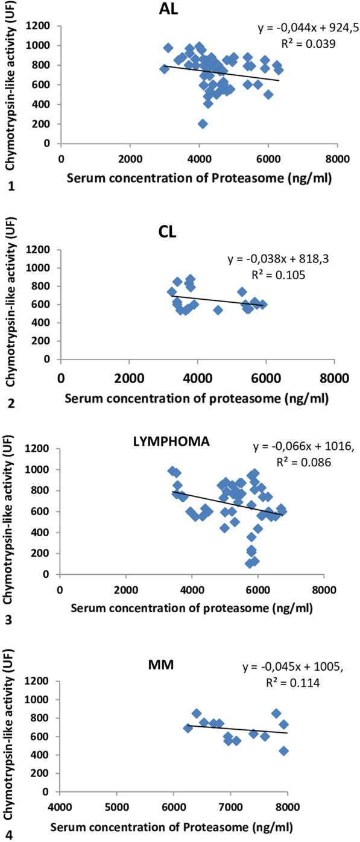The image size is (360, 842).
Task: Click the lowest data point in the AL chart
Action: pyautogui.click(x=203, y=124)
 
